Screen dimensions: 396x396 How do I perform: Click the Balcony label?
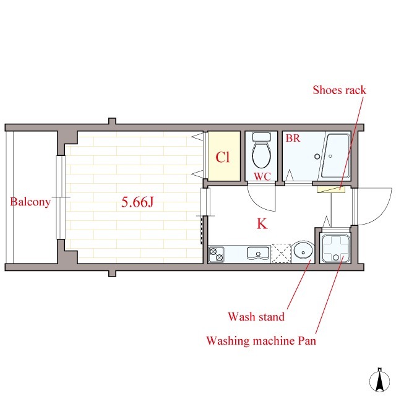[x=30, y=202]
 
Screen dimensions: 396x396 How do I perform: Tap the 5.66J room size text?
[x=137, y=202]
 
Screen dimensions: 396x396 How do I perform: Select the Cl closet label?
[x=223, y=157]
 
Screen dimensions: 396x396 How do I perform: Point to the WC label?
[x=262, y=176]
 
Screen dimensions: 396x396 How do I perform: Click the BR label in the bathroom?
[x=293, y=139]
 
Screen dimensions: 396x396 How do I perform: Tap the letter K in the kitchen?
[x=262, y=223]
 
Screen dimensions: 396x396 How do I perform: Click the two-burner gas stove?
[x=217, y=254]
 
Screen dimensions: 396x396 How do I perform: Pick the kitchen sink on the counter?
[x=259, y=253]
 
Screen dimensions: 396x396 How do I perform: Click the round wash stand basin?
[x=303, y=252]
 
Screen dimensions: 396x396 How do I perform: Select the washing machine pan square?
[x=335, y=248]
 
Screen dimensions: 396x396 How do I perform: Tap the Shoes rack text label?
[x=339, y=90]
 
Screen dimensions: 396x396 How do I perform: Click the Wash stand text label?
[x=256, y=316]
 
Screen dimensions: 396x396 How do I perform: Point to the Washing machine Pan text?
[x=261, y=341]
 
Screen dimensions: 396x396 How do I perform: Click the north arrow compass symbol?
[x=379, y=381]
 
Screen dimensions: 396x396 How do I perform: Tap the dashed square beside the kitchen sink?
[x=281, y=253]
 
